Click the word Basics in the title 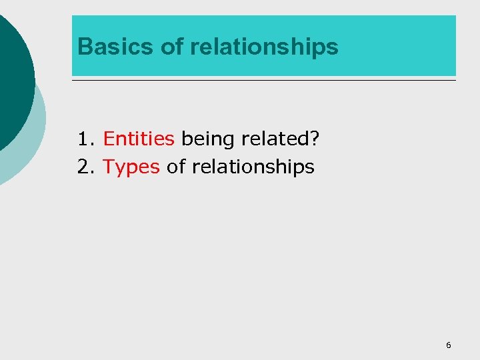(117, 47)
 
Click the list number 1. (83, 139)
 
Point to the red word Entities (139, 139)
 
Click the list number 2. (83, 166)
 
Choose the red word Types (131, 167)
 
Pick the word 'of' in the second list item (176, 166)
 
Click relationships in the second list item (253, 167)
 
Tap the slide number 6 (448, 345)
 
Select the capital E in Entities (109, 139)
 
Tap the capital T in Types (109, 166)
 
